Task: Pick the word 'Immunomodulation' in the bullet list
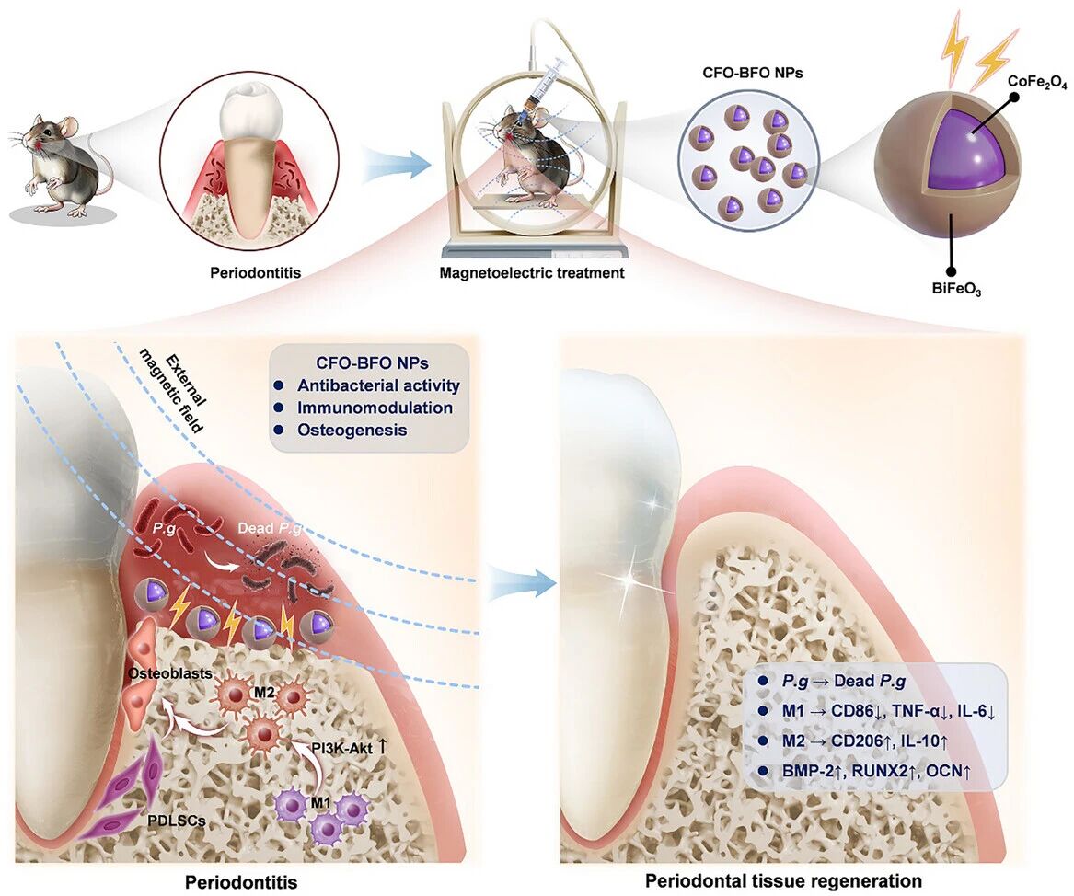tap(375, 407)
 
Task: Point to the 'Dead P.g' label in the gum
tap(269, 529)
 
